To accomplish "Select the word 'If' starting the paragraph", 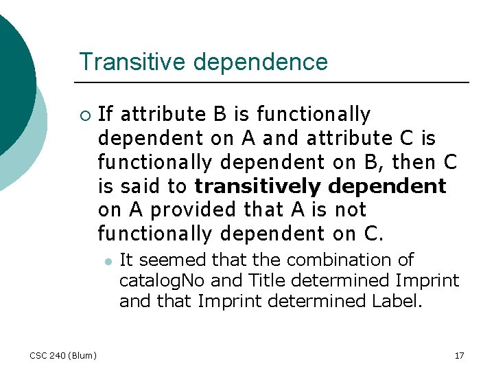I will tap(106, 114).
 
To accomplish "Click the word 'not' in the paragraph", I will tap(351, 210).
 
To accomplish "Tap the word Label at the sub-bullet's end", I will tap(395, 301).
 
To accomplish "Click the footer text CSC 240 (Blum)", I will tap(63, 355).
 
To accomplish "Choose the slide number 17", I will tap(459, 355).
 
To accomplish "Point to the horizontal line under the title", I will tap(274, 82).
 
